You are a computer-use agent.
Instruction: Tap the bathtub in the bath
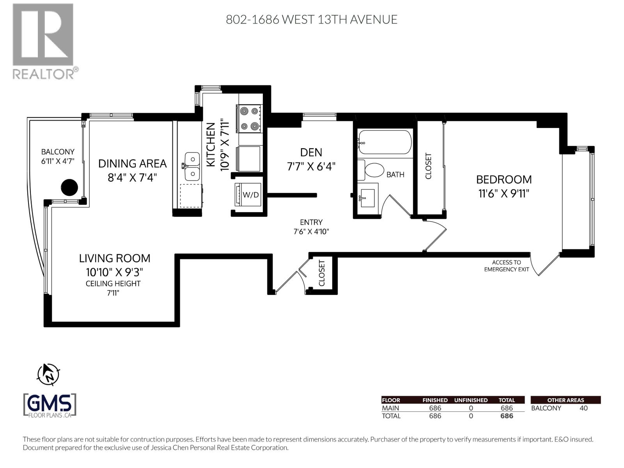[385, 142]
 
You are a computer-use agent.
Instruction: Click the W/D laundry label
[251, 195]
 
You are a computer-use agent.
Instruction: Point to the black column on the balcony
[70, 187]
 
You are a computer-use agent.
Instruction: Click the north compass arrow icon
[48, 374]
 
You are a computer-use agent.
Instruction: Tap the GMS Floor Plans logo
[50, 405]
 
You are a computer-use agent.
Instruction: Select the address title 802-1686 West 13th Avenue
[312, 19]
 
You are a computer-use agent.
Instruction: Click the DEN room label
[311, 152]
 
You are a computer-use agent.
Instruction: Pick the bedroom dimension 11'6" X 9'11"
[503, 193]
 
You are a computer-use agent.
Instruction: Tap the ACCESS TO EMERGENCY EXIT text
[506, 266]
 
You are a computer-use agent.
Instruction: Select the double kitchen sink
[191, 167]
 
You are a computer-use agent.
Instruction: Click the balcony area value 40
[583, 408]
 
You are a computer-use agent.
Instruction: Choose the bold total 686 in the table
[507, 416]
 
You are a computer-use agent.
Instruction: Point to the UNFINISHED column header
[471, 400]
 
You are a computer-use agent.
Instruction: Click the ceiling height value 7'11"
[113, 293]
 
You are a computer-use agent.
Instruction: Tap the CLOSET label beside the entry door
[322, 273]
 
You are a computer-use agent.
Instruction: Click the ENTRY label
[311, 222]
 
